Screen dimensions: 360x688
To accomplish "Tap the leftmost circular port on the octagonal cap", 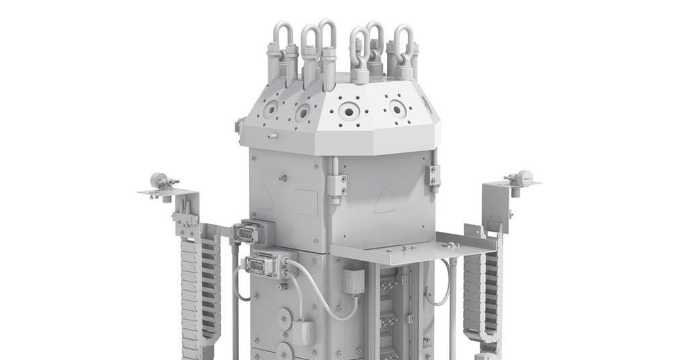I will tap(271, 109).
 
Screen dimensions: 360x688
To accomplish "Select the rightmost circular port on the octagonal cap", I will tap(398, 109).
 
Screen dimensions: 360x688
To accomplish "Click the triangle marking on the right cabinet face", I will tap(384, 199).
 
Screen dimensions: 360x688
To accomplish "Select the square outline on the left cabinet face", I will tap(306, 202).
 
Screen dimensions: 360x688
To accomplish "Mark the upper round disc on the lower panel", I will tap(284, 315).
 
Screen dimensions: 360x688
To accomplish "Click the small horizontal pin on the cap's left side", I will tap(272, 136).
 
